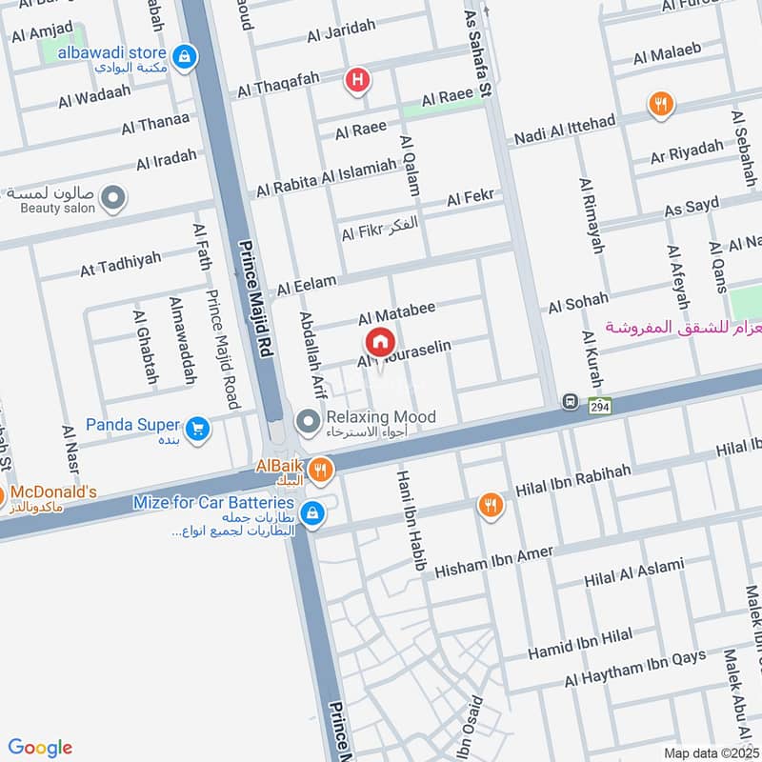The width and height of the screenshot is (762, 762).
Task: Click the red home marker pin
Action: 378,341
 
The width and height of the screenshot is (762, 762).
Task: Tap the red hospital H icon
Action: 357,80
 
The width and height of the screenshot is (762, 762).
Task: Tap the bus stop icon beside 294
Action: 571,402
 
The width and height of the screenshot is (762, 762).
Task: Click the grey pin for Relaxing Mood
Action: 308,418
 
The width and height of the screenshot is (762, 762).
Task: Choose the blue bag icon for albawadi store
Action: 186,55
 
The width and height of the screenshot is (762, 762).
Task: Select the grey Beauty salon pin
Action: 113,198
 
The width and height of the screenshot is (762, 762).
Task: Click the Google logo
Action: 40,747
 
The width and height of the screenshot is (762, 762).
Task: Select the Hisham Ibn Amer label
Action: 493,562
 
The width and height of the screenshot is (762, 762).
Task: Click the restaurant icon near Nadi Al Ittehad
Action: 658,105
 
